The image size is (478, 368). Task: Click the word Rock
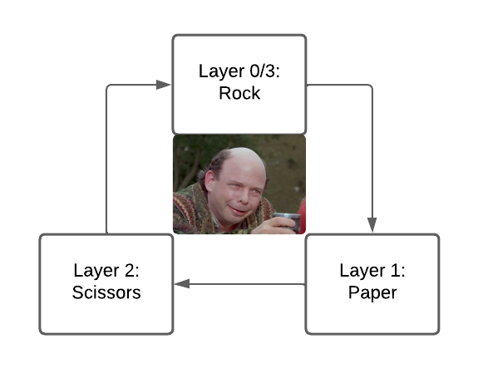[239, 93]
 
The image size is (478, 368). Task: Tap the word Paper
[372, 292]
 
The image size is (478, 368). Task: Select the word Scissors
[106, 292]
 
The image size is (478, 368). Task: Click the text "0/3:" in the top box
[264, 71]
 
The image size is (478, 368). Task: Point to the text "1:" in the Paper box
[398, 271]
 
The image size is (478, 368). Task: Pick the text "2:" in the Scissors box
[131, 271]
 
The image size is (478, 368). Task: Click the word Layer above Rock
[222, 71]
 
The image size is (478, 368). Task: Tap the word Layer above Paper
[362, 271]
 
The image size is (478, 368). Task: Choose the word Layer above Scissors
[96, 271]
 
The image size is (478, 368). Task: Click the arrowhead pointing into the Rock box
[163, 85]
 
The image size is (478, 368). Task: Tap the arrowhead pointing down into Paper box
[372, 225]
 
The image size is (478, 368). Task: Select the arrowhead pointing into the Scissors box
[182, 284]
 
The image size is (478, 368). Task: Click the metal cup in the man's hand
[288, 222]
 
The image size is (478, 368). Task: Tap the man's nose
[243, 198]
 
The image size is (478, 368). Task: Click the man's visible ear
[209, 182]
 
